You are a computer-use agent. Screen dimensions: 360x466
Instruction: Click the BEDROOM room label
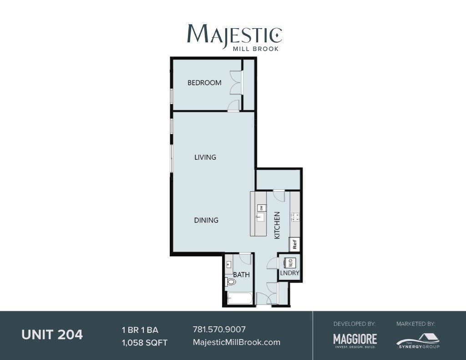204,83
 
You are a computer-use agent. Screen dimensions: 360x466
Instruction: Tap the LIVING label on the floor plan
205,157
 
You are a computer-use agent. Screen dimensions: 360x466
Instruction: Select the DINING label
206,220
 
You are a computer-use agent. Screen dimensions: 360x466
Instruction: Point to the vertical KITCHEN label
277,225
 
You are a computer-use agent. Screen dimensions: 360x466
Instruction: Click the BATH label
241,275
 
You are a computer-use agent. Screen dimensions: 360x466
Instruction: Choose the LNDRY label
290,273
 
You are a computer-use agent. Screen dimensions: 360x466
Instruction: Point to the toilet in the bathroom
231,282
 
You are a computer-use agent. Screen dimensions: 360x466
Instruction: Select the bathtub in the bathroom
240,299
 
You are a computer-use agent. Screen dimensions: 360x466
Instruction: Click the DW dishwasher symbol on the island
262,208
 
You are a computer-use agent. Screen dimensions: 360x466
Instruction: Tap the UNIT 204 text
52,335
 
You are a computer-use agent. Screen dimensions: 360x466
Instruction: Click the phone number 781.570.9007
219,329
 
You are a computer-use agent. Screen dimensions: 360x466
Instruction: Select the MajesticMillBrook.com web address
237,342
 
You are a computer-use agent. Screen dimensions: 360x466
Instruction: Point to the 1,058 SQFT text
144,343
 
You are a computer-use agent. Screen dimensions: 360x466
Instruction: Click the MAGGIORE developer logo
355,340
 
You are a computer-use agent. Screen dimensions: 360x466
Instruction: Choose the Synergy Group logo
418,340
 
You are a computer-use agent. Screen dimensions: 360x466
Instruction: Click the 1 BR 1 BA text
140,330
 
